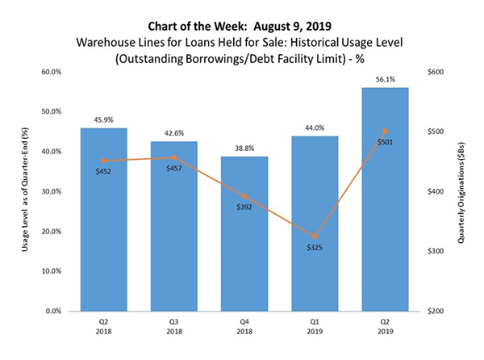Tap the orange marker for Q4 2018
244,196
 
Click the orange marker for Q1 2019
315,237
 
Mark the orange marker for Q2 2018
103,161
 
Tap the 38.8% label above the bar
244,148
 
